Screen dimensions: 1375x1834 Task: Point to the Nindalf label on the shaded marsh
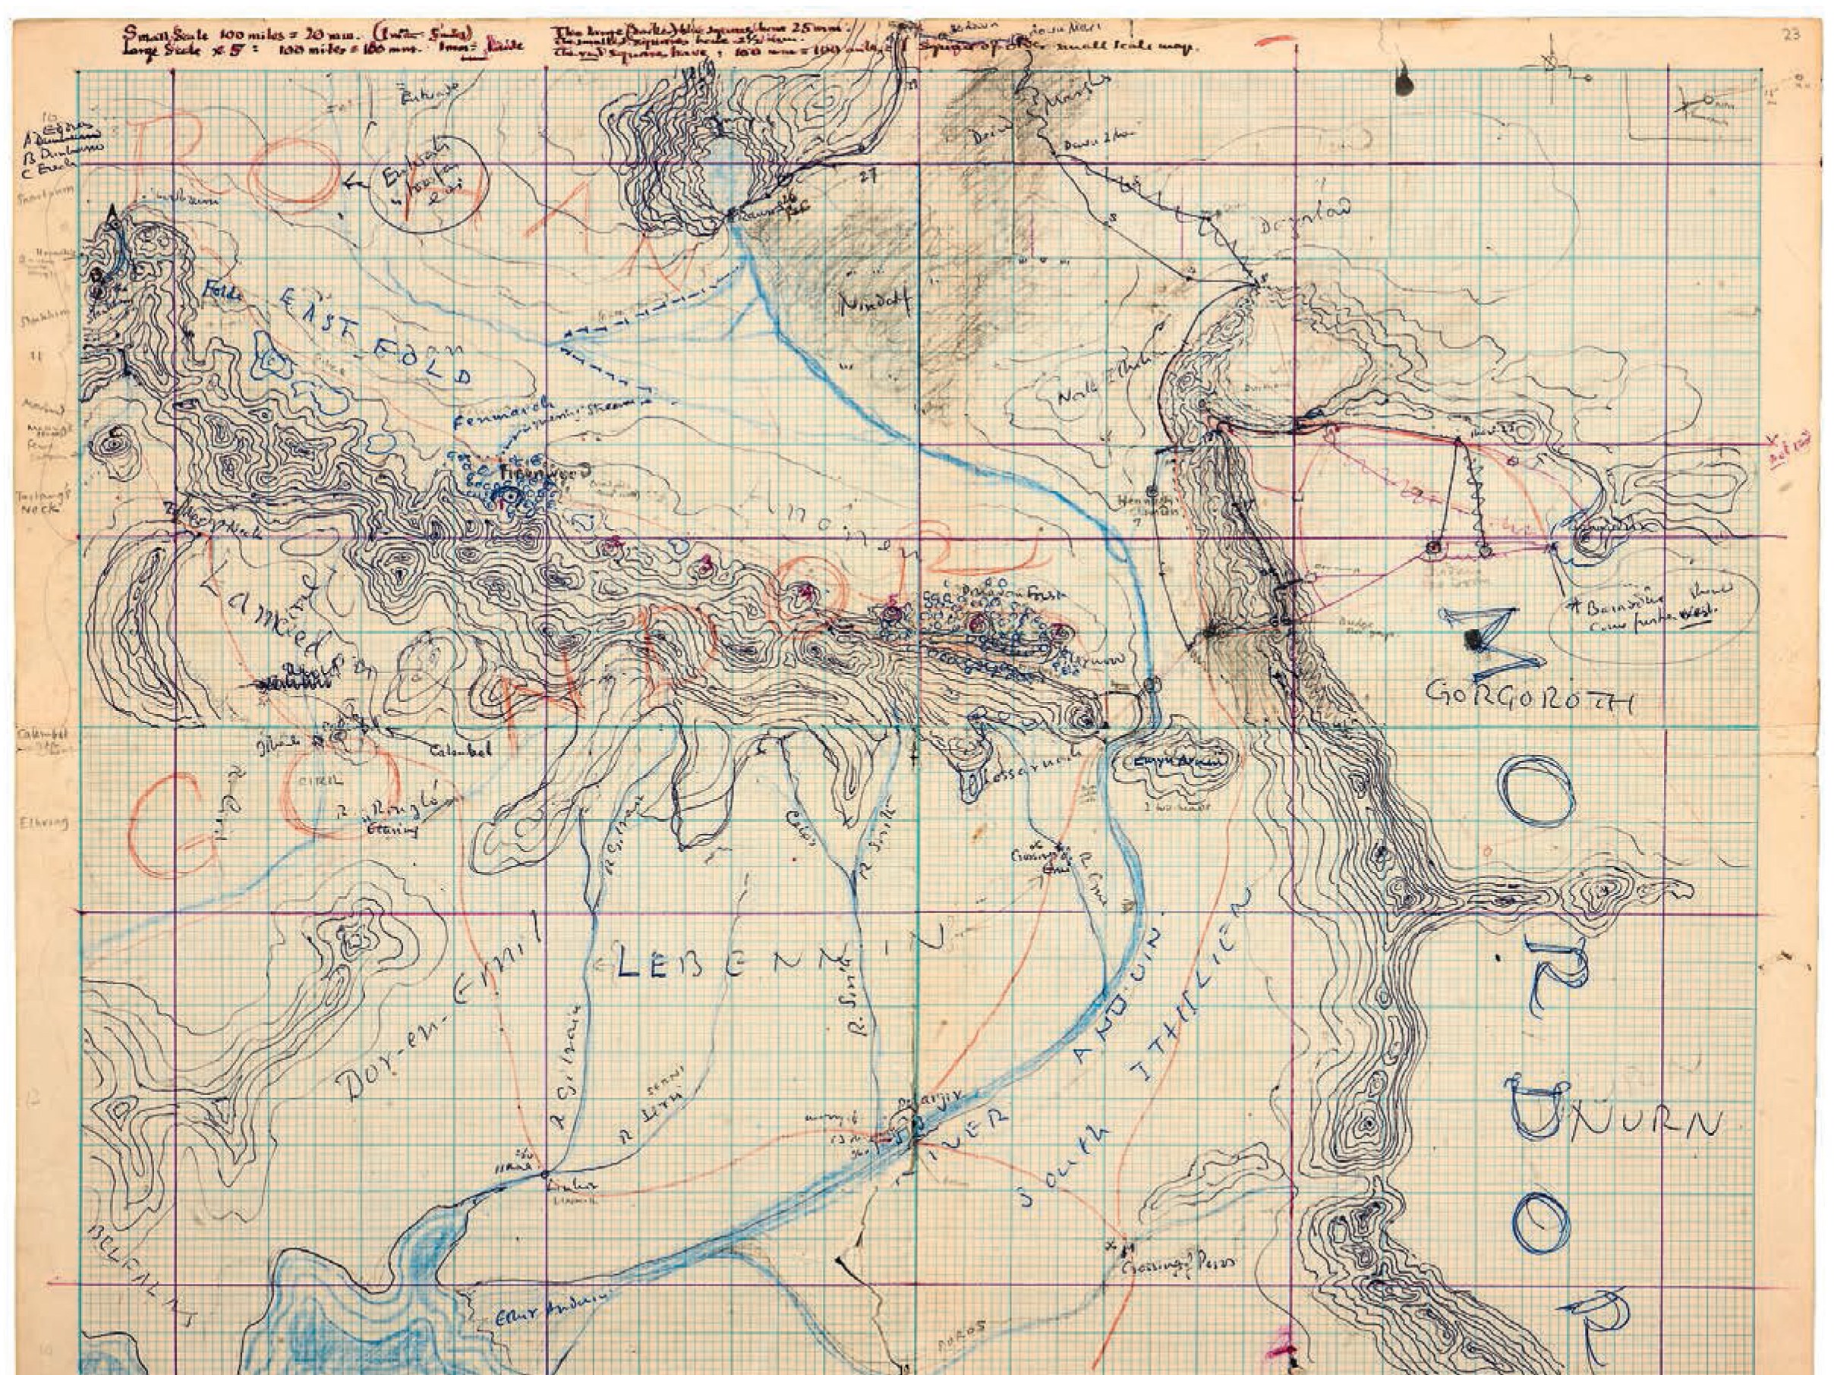point(874,304)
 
